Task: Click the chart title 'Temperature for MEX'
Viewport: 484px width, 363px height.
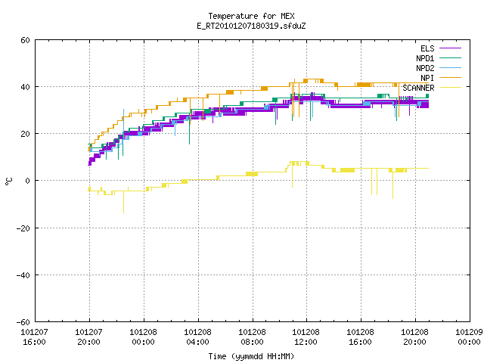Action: (x=251, y=16)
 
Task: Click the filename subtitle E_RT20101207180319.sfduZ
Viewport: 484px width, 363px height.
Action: (x=251, y=26)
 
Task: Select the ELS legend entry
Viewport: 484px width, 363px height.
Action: (x=441, y=48)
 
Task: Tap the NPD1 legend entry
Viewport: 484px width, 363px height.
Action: (x=439, y=58)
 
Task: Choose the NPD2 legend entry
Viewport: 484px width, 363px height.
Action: (x=439, y=68)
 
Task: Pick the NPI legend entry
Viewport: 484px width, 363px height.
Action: (x=441, y=78)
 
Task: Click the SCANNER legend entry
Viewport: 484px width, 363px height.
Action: (x=432, y=88)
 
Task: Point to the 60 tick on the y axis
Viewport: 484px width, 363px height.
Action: (x=25, y=40)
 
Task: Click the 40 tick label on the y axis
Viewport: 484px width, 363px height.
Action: (x=25, y=87)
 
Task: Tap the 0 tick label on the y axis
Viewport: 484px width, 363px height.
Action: (x=27, y=181)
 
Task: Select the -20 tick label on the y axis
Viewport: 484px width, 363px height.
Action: (x=23, y=228)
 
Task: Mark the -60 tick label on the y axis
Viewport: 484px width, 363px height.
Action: (x=23, y=322)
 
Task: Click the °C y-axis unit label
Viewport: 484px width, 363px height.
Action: (x=8, y=181)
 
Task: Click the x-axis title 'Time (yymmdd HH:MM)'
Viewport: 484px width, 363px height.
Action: (x=251, y=356)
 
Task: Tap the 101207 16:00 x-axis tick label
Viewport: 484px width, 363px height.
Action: (x=34, y=337)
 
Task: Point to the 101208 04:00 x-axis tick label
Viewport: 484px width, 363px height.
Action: (x=197, y=337)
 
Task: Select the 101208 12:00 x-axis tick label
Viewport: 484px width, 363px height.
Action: (x=306, y=337)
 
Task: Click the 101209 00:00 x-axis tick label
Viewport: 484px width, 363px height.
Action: (x=469, y=337)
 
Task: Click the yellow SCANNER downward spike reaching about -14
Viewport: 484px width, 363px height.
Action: (x=124, y=202)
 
